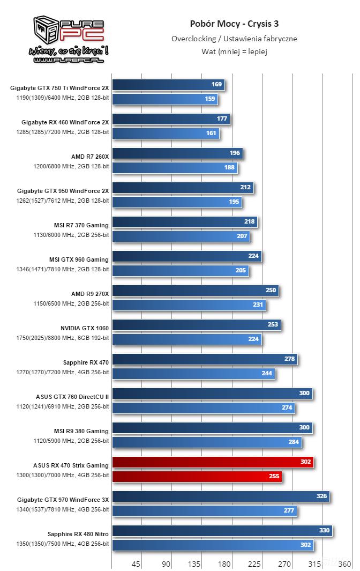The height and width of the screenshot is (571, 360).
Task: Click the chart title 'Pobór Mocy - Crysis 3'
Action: tap(234, 24)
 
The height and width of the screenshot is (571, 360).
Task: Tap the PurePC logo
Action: tap(69, 40)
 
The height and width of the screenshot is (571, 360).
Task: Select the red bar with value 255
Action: tap(197, 476)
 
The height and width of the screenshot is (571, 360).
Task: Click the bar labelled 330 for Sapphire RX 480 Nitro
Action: tap(222, 531)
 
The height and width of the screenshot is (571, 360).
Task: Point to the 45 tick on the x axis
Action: tap(136, 563)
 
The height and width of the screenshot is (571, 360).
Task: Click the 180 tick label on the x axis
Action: tap(225, 563)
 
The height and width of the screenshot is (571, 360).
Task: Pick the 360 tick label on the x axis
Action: tap(344, 563)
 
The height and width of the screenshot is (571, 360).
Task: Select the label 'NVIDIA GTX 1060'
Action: tap(85, 328)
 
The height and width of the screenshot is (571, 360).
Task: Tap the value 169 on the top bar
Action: tap(216, 84)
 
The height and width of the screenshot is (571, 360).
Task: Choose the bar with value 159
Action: tap(165, 99)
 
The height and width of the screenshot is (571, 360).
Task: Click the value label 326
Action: tap(321, 496)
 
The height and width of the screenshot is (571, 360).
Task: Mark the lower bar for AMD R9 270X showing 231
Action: tap(189, 305)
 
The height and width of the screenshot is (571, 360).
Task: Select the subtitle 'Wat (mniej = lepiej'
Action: tap(234, 51)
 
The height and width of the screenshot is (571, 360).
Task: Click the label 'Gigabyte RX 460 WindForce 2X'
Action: tap(65, 122)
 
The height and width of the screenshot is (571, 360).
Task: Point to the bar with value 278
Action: tap(204, 359)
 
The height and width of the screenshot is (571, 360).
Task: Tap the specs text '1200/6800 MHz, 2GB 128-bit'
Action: tap(71, 166)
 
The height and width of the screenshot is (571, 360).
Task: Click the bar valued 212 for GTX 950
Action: tap(182, 188)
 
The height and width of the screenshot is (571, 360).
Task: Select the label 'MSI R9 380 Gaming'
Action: tap(81, 431)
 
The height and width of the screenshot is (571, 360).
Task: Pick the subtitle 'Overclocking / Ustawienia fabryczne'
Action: tap(234, 39)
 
